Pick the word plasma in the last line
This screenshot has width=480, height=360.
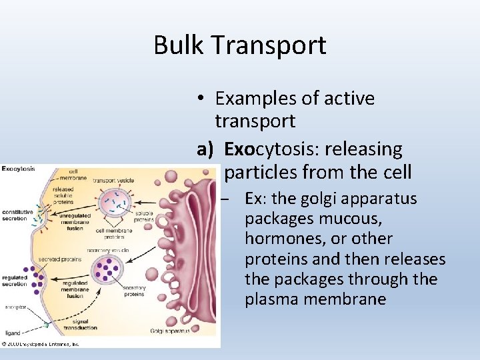point(272,299)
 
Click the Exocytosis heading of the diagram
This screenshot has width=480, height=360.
point(19,169)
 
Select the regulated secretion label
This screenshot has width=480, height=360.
point(15,280)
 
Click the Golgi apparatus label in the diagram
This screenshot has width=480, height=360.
point(170,331)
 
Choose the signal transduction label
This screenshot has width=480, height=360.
point(82,325)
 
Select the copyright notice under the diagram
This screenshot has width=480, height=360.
point(40,344)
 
